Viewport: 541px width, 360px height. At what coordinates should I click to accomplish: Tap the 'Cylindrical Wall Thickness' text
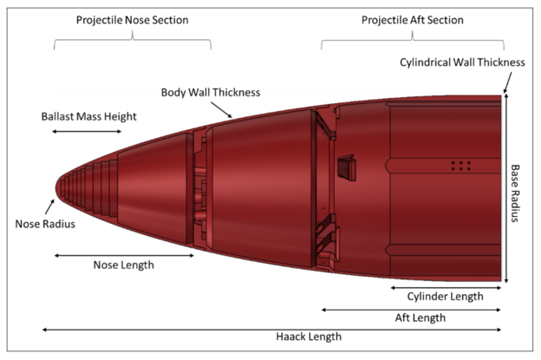461,62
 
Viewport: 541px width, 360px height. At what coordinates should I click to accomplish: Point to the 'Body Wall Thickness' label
211,91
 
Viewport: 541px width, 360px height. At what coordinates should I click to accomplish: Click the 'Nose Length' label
123,267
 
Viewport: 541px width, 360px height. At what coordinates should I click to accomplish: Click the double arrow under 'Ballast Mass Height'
87,132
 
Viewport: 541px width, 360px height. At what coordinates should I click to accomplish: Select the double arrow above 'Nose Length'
122,255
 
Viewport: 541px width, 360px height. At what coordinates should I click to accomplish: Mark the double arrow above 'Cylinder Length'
446,286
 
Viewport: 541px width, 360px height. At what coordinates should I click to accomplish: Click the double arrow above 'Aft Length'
411,308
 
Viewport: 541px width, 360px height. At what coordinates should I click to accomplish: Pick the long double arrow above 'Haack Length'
271,328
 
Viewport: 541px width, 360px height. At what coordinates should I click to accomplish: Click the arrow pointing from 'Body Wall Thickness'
225,108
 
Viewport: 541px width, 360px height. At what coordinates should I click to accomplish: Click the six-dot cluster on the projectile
461,165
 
